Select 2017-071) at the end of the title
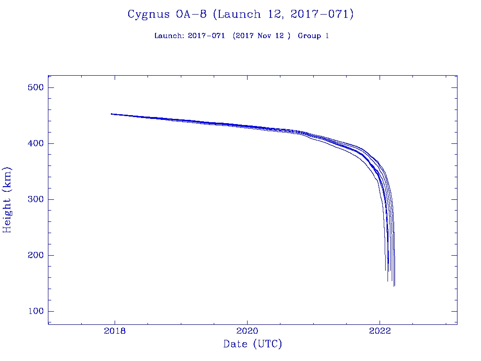coord(322,15)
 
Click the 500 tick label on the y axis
coord(35,88)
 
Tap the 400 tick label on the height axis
coord(35,144)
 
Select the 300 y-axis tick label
coord(35,200)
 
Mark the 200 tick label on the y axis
coord(35,256)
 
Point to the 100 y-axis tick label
coord(35,312)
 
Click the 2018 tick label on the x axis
coord(115,331)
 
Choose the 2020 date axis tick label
coord(248,331)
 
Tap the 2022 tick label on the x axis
coord(380,331)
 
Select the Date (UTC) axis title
coord(253,345)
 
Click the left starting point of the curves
coord(111,114)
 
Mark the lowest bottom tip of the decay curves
coord(394,285)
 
